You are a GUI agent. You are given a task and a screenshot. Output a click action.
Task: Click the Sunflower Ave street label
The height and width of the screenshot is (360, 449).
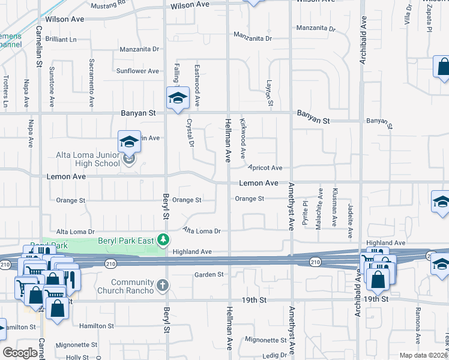tap(137, 71)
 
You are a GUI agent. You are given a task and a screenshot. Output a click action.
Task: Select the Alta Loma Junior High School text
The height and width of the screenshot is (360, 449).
tap(88, 159)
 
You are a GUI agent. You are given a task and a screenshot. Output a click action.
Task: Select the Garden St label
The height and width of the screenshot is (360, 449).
tap(208, 274)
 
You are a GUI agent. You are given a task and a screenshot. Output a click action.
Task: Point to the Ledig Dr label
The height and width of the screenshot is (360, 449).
tap(276, 355)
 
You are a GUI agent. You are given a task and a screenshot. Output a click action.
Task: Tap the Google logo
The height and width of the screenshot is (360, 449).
tap(20, 353)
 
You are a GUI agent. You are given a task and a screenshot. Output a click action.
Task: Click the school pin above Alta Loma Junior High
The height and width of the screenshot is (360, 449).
tap(129, 142)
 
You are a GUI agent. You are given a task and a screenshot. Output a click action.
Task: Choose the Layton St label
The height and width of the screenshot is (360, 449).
tap(270, 94)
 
